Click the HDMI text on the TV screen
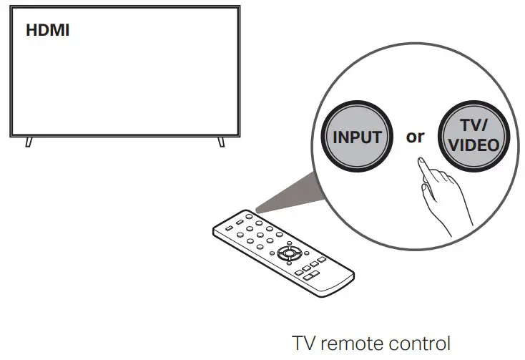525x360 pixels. [x=48, y=31]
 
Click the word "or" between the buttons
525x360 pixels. [x=416, y=136]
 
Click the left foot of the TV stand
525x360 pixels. [x=29, y=141]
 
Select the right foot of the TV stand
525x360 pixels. [x=222, y=141]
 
